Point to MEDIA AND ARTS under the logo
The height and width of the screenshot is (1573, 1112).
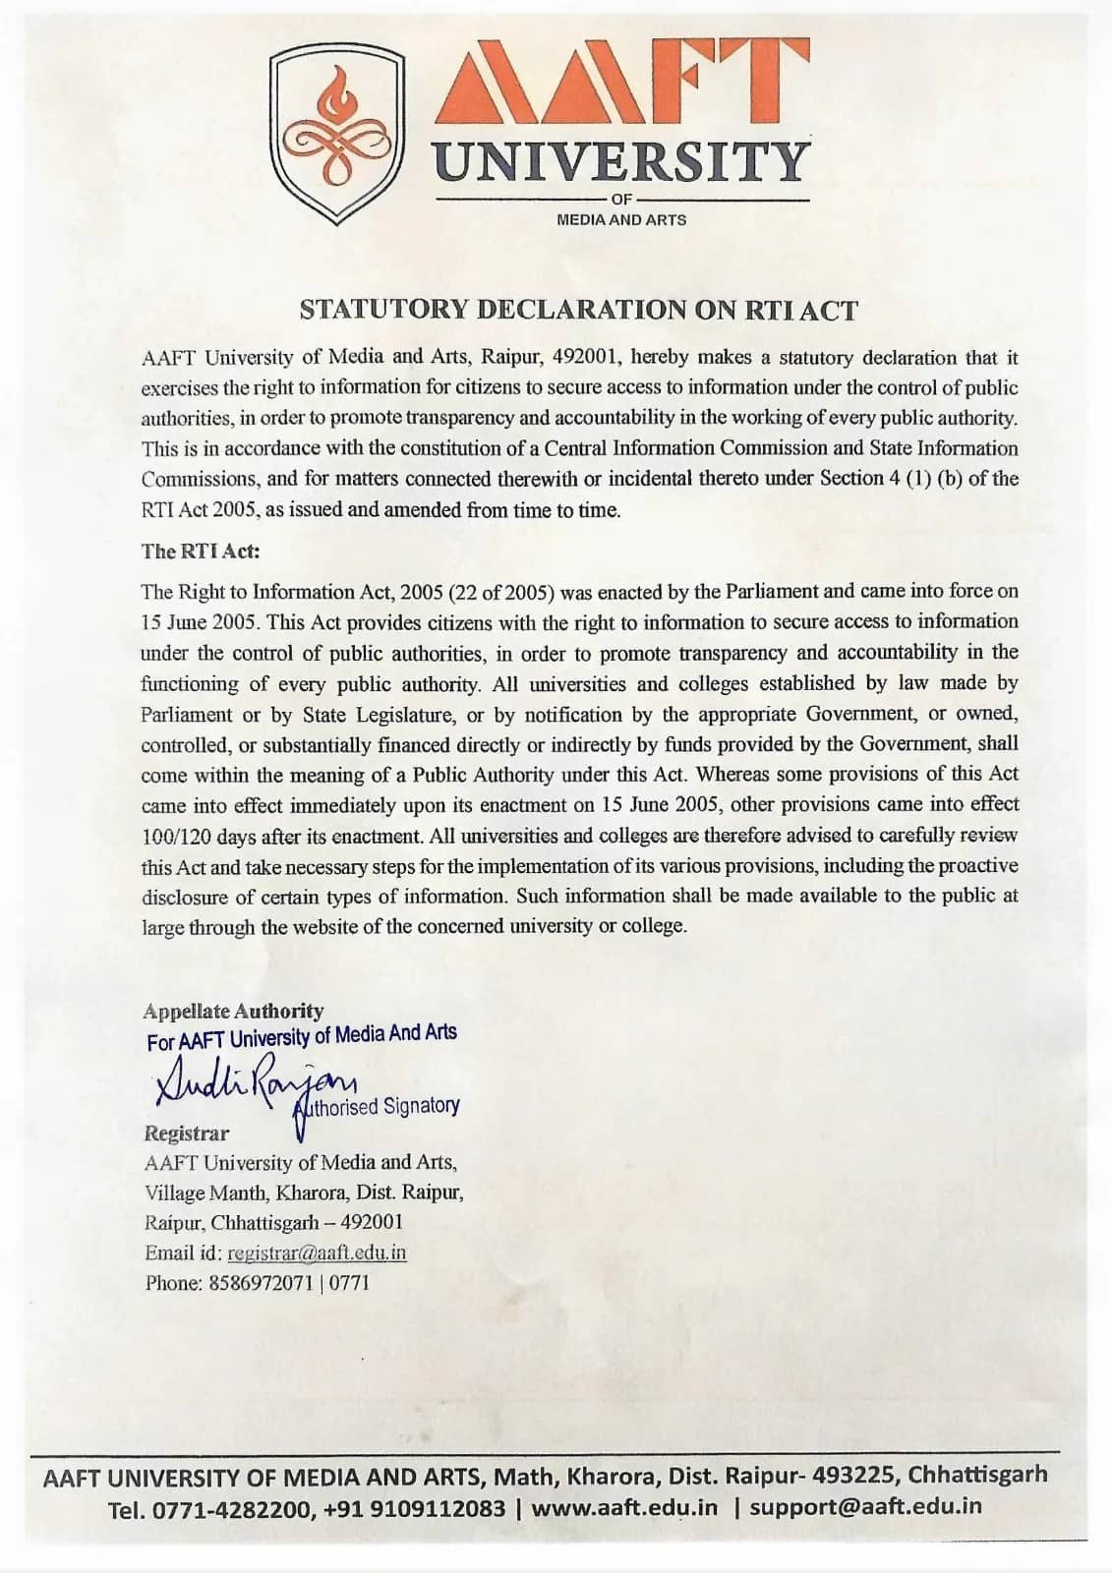coord(621,220)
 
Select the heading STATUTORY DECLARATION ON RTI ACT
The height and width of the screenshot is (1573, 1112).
coord(578,310)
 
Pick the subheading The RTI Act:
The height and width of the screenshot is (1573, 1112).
coord(201,552)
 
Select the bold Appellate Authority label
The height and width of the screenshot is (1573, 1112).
coord(233,1011)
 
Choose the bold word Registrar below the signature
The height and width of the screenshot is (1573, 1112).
coord(187,1134)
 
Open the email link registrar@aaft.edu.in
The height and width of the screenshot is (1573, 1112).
coord(317,1253)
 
